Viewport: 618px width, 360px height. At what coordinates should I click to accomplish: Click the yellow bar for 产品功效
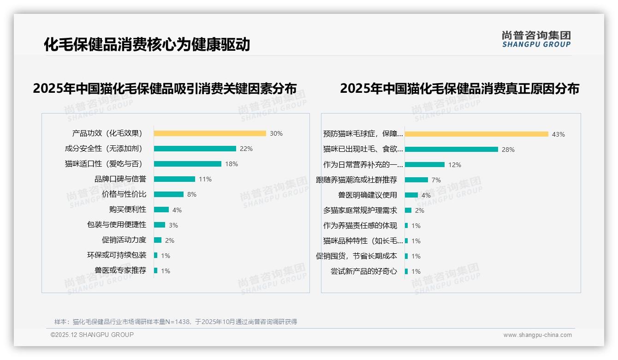tap(210, 133)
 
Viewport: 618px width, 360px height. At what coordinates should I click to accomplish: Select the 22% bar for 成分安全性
tap(195, 149)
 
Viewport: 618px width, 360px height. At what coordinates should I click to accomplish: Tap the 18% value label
tap(231, 164)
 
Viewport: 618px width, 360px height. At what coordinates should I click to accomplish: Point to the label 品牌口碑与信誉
tap(120, 179)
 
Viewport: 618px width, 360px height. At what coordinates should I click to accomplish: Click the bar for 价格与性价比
tap(168, 194)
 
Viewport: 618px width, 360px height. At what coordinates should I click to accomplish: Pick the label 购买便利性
tap(127, 210)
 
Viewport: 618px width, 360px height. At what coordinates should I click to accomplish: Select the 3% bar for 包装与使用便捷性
tap(160, 225)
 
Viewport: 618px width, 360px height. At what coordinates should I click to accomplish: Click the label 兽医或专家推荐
tap(120, 270)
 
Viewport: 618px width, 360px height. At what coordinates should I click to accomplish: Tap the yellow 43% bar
tap(476, 134)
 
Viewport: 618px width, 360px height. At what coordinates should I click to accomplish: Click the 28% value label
tap(508, 150)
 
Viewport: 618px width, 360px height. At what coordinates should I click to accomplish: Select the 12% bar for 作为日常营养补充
tap(425, 165)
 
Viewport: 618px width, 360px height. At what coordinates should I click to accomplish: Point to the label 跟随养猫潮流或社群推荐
tap(356, 180)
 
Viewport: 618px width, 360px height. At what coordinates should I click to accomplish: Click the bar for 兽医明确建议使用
tap(411, 195)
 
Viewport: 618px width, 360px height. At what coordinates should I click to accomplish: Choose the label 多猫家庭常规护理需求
tap(360, 210)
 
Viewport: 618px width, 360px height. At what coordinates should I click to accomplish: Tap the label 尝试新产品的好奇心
tap(363, 271)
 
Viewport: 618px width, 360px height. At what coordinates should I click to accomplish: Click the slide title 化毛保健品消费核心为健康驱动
tap(147, 44)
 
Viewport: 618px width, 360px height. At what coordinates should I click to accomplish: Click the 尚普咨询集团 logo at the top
tap(536, 39)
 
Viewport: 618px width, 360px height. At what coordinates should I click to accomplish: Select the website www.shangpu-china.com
tap(537, 335)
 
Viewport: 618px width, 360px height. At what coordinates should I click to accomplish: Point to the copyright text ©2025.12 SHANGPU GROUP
tap(92, 335)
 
